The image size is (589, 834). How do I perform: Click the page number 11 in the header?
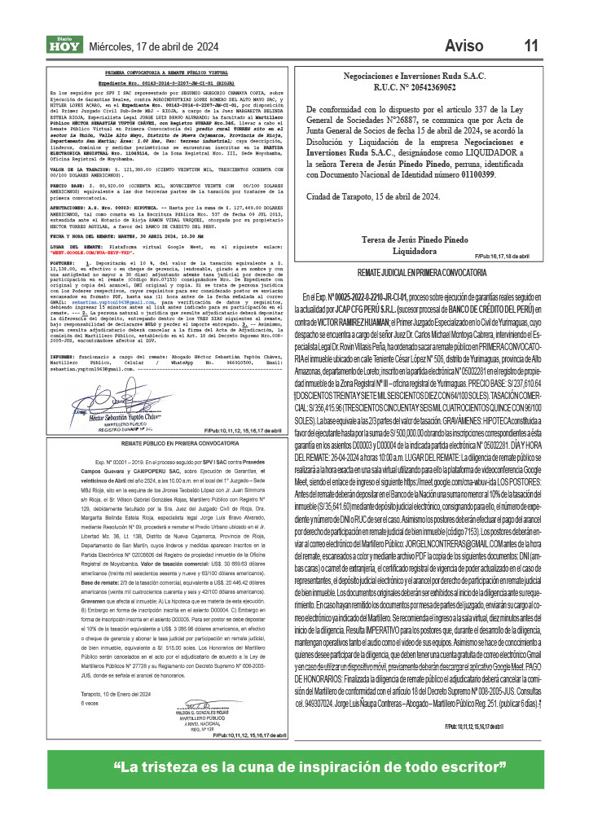click(x=531, y=46)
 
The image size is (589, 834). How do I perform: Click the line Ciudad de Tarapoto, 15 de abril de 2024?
click(x=374, y=197)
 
